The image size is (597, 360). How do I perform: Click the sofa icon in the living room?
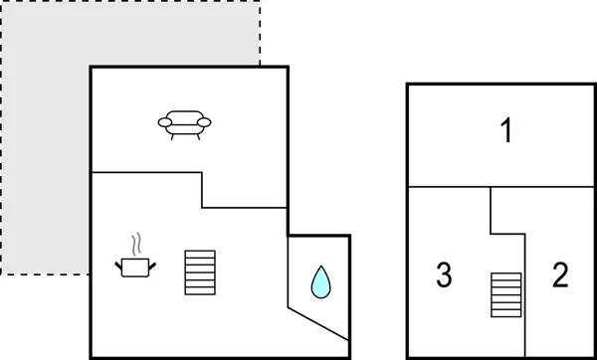pyautogui.click(x=184, y=123)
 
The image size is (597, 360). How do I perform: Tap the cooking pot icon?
pyautogui.click(x=135, y=266)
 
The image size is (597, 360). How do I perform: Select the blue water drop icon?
pyautogui.click(x=320, y=282)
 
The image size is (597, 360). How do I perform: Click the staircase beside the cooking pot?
pyautogui.click(x=199, y=271)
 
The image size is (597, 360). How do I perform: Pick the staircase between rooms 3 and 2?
pyautogui.click(x=506, y=295)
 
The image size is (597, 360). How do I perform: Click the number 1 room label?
pyautogui.click(x=506, y=131)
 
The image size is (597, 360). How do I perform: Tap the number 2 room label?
pyautogui.click(x=560, y=275)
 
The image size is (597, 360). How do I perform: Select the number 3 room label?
pyautogui.click(x=445, y=275)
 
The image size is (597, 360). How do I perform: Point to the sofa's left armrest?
pyautogui.click(x=163, y=122)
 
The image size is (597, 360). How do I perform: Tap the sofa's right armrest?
pyautogui.click(x=205, y=122)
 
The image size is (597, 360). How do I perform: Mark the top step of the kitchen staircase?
pyautogui.click(x=199, y=254)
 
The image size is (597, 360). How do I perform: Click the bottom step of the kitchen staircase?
pyautogui.click(x=199, y=289)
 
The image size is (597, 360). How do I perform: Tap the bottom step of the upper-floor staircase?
pyautogui.click(x=506, y=314)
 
